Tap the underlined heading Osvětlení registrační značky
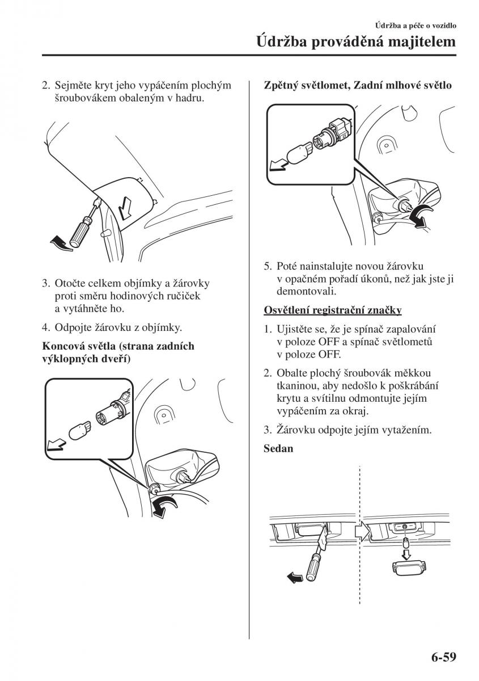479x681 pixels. click(x=333, y=310)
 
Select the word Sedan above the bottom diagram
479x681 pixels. click(x=278, y=448)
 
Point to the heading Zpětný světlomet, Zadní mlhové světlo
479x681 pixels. click(x=358, y=86)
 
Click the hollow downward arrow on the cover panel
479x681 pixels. click(x=125, y=208)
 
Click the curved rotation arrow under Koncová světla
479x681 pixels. click(x=167, y=505)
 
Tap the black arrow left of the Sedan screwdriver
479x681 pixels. click(x=294, y=577)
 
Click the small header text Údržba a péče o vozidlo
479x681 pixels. click(x=415, y=26)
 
